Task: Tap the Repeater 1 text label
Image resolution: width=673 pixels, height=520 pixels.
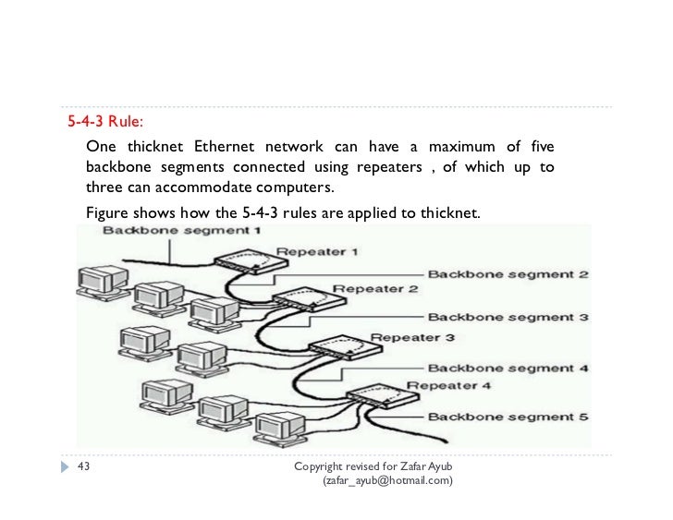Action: click(317, 250)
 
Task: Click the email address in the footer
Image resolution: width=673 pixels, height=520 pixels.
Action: click(386, 481)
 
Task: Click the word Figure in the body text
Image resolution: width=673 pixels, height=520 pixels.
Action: click(109, 214)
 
